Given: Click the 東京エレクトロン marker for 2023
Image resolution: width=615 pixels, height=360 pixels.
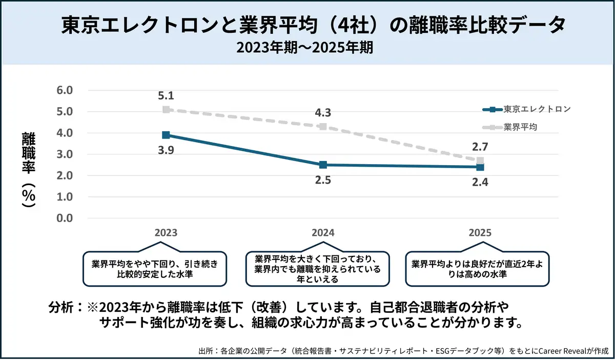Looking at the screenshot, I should point(166,135).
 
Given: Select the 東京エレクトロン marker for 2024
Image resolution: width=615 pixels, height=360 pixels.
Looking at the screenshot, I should point(323,165).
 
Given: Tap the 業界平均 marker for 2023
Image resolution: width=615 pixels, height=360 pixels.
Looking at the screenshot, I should point(166,109).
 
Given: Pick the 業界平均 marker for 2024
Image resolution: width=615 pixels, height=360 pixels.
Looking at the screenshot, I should point(323,126).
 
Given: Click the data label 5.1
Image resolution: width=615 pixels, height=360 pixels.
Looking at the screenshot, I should point(166,95).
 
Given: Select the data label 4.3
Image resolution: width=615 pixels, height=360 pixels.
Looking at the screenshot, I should point(323,112).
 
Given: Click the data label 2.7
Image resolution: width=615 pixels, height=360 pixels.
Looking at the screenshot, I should point(480,147).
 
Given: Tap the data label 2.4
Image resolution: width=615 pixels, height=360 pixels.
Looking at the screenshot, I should point(480,181).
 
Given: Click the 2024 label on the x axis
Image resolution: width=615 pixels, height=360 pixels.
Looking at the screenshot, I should point(323,232).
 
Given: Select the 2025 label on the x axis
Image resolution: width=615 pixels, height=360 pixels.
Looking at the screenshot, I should point(480,232).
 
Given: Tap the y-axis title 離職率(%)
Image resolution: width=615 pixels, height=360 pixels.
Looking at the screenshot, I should point(28,169).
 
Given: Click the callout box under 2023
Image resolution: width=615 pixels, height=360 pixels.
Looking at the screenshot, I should point(155,269).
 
